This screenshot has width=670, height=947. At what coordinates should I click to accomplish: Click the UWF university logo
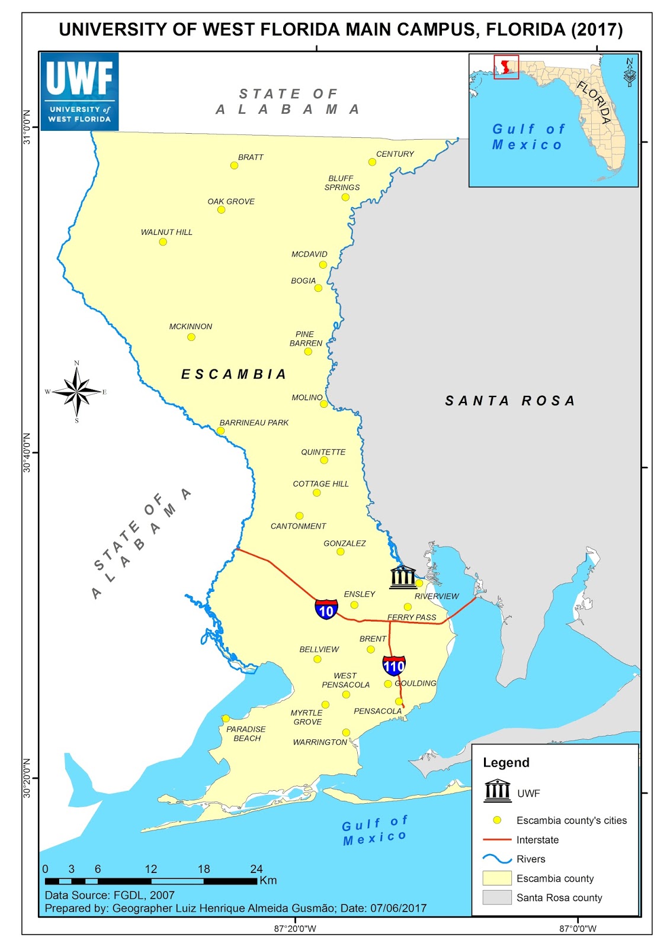pos(79,91)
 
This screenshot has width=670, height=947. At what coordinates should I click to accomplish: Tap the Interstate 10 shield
pos(326,609)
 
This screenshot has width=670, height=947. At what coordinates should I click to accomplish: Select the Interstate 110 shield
pos(394,665)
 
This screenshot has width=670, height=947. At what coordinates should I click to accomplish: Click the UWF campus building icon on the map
pos(403,577)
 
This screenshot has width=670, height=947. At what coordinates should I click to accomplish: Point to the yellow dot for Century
pos(372,162)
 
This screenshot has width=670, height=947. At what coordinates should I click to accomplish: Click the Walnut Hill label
pos(166,232)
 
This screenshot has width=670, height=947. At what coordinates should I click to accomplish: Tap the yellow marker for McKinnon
pos(191,337)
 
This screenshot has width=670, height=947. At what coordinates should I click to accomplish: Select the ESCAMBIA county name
pos(233,374)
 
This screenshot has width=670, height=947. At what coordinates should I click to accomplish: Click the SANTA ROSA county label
pos(510,401)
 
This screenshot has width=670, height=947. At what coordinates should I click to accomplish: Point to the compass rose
pos(76,391)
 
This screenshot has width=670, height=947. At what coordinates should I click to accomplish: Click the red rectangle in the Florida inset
pos(506,67)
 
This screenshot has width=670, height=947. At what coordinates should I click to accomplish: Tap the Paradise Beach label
pos(246,733)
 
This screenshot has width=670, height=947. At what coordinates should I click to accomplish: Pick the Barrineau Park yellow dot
pos(220,431)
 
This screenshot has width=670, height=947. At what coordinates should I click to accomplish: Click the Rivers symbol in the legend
pos(497,859)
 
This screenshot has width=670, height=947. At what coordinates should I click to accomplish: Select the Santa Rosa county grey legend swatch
pos(497,897)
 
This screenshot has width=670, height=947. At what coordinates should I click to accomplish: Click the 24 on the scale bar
pos(256,869)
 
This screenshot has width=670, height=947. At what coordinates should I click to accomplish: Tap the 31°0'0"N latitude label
pos(27,127)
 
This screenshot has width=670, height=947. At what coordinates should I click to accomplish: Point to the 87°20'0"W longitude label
pos(295,928)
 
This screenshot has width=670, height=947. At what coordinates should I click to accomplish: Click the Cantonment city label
pos(298,526)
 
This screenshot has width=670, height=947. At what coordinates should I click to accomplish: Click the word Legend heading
pos(506,762)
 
